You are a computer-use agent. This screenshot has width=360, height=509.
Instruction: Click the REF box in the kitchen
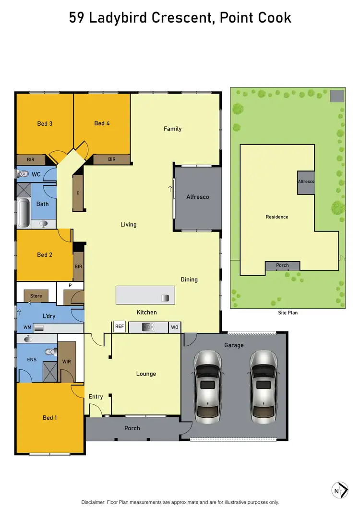pyautogui.click(x=120, y=327)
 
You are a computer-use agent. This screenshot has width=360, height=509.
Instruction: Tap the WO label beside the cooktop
pyautogui.click(x=175, y=327)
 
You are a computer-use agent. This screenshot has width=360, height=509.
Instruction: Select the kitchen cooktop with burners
pyautogui.click(x=148, y=327)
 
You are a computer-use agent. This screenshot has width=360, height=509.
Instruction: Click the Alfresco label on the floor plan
pyautogui.click(x=197, y=197)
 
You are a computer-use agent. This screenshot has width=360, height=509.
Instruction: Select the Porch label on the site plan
pyautogui.click(x=282, y=266)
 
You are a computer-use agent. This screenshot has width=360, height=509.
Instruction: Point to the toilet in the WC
pyautogui.click(x=23, y=174)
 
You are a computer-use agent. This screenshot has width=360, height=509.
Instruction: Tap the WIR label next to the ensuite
pyautogui.click(x=67, y=361)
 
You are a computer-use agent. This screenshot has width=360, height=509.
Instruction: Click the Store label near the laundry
pyautogui.click(x=36, y=296)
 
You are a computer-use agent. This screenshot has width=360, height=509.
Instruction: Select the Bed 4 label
pyautogui.click(x=102, y=123)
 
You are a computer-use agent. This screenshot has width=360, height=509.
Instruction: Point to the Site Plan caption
pyautogui.click(x=288, y=313)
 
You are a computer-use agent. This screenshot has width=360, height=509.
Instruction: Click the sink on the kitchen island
pyautogui.click(x=165, y=298)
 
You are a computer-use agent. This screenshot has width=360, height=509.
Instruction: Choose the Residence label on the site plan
pyautogui.click(x=277, y=217)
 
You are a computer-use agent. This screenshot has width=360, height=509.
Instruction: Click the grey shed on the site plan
pyautogui.click(x=337, y=95)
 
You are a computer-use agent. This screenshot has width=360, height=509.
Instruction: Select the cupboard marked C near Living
pyautogui.click(x=78, y=193)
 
